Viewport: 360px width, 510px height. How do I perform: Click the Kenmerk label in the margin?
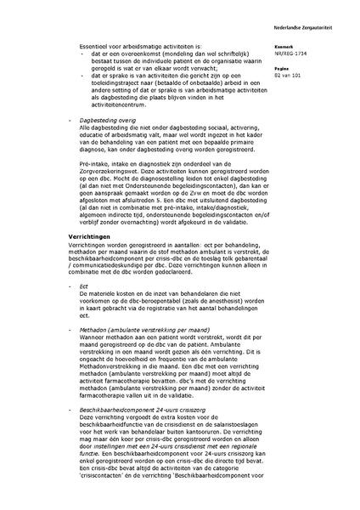click(300, 46)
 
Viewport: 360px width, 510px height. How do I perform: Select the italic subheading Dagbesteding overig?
click(103, 144)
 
